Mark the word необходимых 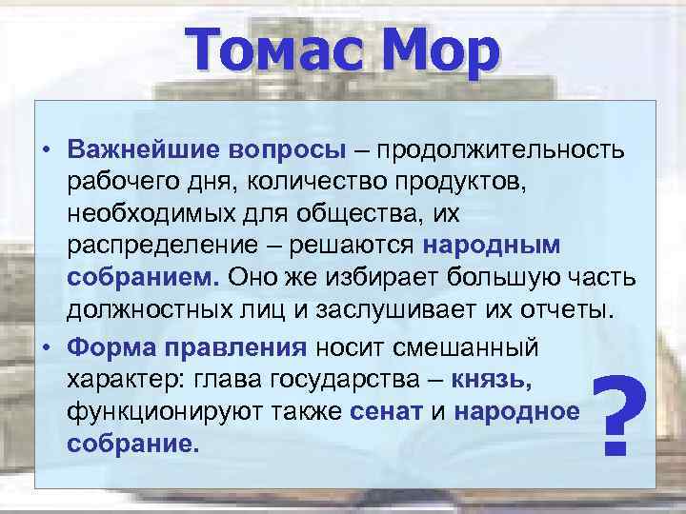point(140,214)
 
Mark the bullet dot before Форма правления point(48,345)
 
